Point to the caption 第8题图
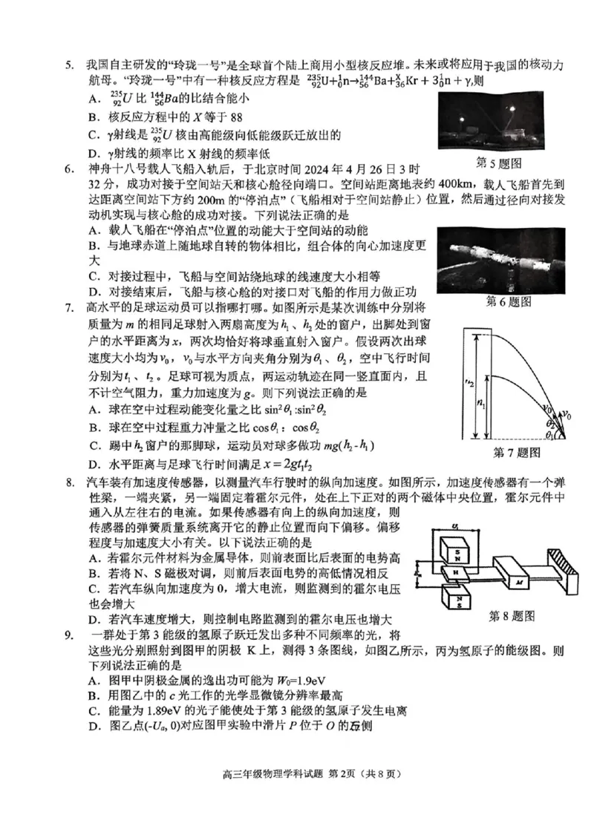(512, 615)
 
